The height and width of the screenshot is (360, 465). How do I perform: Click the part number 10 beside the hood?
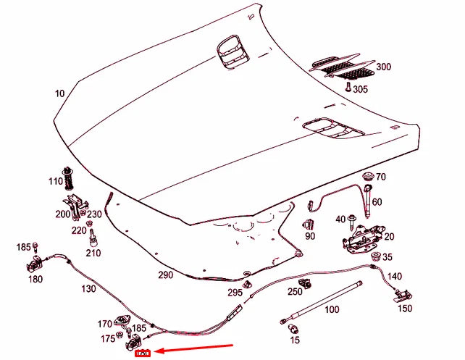point(59,94)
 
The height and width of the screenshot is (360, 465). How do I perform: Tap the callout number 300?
point(383,67)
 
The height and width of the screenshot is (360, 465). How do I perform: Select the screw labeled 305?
point(348,86)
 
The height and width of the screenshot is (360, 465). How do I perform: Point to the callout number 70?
point(381,177)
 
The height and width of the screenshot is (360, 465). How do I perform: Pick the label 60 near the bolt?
point(377,201)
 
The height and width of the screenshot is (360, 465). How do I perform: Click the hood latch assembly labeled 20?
point(360,238)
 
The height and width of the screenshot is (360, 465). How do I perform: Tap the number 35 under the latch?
point(387,257)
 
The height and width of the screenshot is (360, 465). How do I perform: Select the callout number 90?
point(310,236)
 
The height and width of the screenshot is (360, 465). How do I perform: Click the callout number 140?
point(394,276)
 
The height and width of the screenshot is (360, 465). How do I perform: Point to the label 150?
point(405,309)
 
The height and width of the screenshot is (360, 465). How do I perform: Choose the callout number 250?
point(294,292)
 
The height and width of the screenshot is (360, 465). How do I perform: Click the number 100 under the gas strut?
point(332,309)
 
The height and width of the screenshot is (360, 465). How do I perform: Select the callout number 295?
point(234,292)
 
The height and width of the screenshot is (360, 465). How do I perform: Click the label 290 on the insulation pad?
point(167,275)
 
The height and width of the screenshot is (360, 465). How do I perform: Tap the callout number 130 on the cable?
point(89,289)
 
